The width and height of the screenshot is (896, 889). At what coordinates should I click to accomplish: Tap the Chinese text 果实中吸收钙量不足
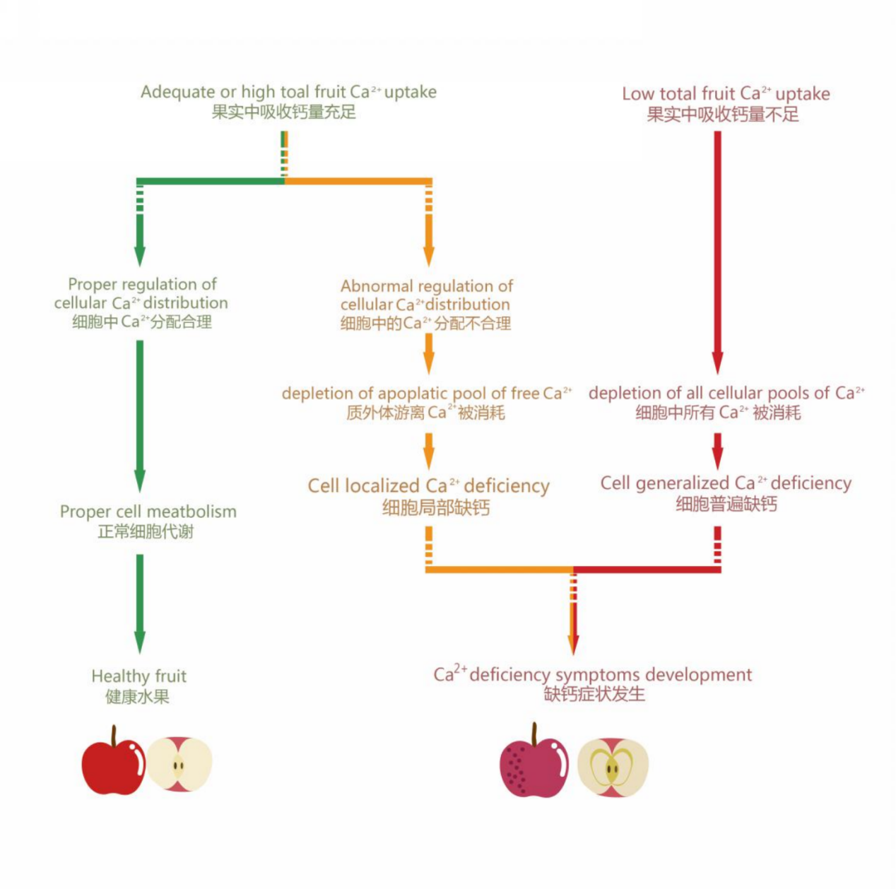click(723, 114)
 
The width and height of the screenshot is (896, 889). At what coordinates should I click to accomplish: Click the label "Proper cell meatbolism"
click(148, 512)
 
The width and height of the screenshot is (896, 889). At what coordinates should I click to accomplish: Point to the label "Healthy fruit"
click(139, 676)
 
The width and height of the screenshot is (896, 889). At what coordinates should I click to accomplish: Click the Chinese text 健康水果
click(138, 697)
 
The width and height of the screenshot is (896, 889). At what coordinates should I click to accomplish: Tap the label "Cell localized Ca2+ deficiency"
click(428, 486)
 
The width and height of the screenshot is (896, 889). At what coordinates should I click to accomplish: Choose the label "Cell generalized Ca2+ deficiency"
click(726, 483)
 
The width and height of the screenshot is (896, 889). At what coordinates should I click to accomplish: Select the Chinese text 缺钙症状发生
click(594, 694)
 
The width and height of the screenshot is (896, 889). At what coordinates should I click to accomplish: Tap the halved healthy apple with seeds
click(179, 765)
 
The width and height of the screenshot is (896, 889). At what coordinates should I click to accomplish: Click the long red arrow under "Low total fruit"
click(717, 247)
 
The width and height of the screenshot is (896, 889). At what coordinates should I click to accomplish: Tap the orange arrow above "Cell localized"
click(429, 449)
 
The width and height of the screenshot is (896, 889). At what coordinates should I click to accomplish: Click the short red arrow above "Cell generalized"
click(717, 449)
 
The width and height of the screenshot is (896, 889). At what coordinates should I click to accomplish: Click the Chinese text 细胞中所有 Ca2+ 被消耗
click(718, 413)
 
